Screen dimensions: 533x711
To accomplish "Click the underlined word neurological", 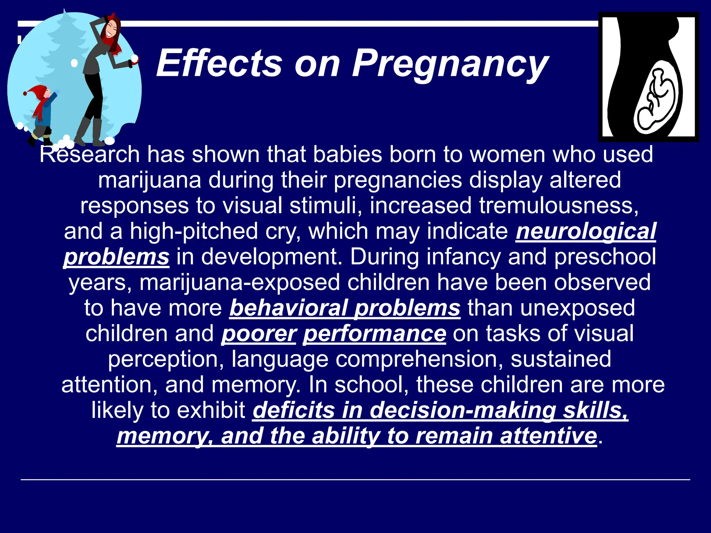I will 586,231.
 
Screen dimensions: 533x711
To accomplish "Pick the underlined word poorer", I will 259,333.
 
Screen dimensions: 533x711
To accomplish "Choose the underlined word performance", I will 374,333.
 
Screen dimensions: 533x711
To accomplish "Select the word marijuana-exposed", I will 240,282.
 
